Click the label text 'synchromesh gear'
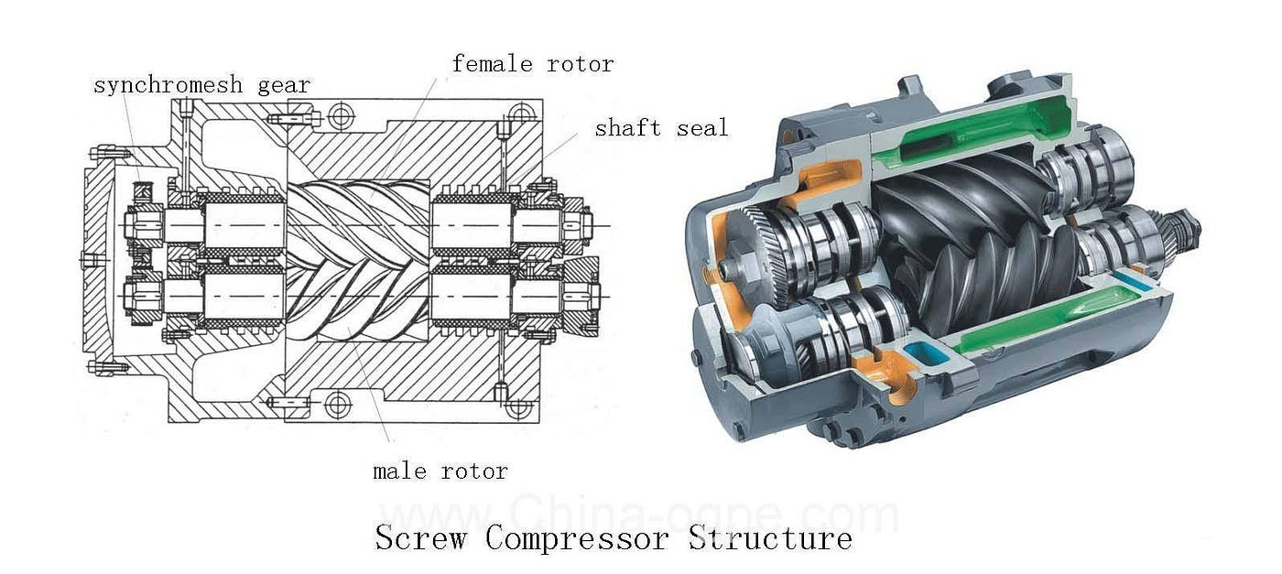(x=201, y=85)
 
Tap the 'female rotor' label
(x=532, y=64)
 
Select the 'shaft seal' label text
(x=661, y=128)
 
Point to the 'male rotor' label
(x=440, y=471)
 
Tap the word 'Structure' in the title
(x=769, y=537)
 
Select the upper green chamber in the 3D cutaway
(x=971, y=133)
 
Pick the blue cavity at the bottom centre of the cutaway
(x=924, y=356)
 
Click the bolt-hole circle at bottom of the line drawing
(x=338, y=404)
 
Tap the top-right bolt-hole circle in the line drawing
(x=521, y=115)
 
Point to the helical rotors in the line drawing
(x=357, y=256)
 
